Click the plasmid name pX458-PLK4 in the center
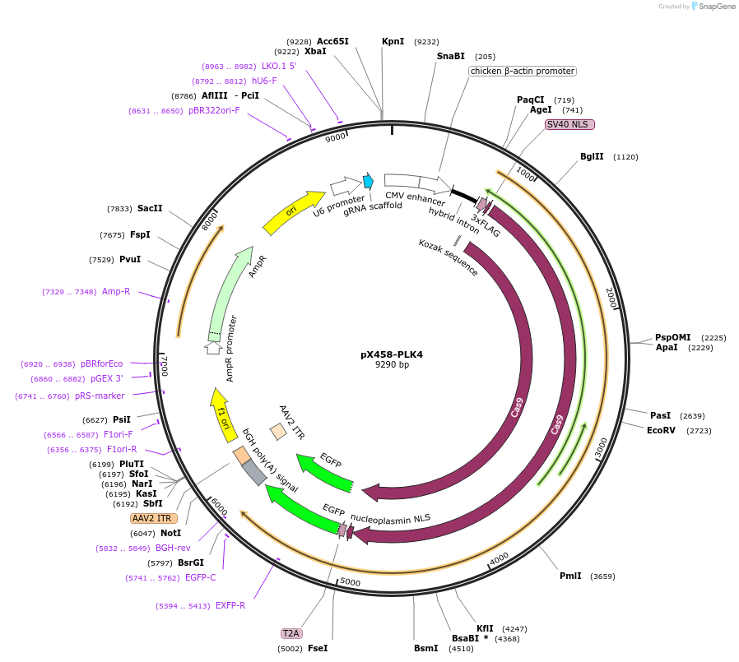click(x=392, y=354)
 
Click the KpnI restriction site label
click(x=393, y=41)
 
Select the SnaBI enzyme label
click(x=450, y=56)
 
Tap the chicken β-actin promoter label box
click(x=522, y=72)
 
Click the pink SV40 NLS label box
click(x=569, y=124)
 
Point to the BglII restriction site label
click(x=592, y=156)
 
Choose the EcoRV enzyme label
click(x=661, y=430)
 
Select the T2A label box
click(x=291, y=633)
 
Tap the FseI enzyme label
click(x=318, y=648)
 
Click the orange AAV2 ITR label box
click(x=153, y=518)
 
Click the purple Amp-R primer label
click(x=116, y=291)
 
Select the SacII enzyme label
click(x=150, y=209)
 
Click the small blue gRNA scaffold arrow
click(x=368, y=181)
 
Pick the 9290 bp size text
click(x=392, y=364)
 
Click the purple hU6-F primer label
click(x=264, y=81)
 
